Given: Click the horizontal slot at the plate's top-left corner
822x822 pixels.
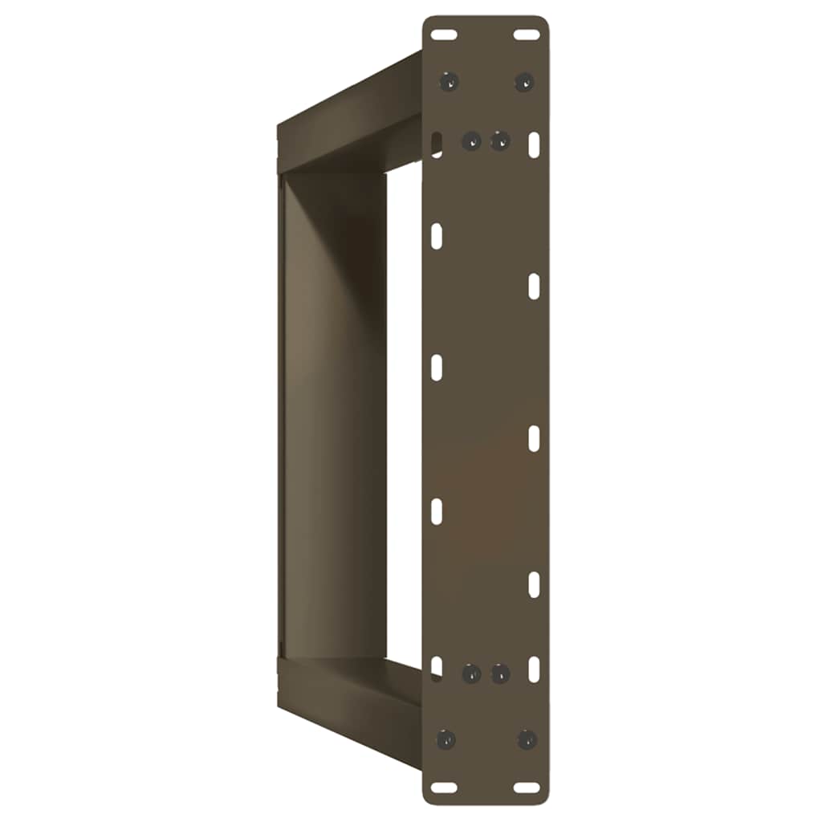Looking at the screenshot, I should coord(443,35).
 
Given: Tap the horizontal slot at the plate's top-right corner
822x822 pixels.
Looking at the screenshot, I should coord(527,35).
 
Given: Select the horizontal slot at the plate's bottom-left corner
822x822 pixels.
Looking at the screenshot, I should coord(443,787).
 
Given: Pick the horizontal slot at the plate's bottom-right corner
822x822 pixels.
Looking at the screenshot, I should coord(527,787).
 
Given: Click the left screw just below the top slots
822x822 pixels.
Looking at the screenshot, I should coord(449,81).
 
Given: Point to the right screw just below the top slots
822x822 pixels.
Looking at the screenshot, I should coord(523,81).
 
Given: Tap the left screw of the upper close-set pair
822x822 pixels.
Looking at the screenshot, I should coord(471,141).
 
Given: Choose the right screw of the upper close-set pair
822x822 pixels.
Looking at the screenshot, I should coord(499,141).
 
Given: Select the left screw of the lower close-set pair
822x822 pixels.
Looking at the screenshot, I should coord(471,673).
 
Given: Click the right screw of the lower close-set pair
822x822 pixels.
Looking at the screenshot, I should coord(499,673).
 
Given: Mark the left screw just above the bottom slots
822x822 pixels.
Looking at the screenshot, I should coord(446,739).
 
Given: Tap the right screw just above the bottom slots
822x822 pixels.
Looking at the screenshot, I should coord(526,739).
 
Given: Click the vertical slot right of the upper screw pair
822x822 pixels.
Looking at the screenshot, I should coord(535,144).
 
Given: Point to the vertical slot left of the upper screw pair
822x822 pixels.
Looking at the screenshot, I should coord(436,144).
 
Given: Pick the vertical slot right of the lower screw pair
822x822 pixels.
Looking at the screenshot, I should coord(534,669).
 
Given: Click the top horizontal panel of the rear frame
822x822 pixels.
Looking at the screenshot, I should coord(349,120).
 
